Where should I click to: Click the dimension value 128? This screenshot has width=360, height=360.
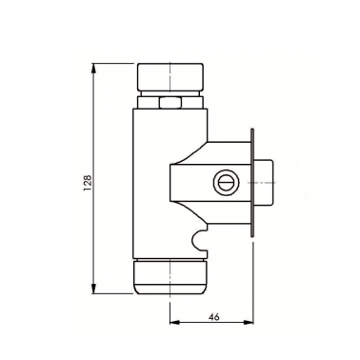[x=88, y=182]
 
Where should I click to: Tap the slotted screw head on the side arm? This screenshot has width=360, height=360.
[x=226, y=183]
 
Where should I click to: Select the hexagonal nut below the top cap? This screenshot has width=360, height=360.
[x=170, y=103]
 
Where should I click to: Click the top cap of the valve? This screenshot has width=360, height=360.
[x=170, y=77]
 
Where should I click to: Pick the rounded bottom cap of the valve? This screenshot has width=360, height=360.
[x=170, y=277]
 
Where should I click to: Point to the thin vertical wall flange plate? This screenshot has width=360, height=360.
[x=252, y=183]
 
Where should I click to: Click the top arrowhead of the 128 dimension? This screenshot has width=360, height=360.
[x=93, y=70]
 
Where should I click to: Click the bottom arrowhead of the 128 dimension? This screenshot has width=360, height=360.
[x=93, y=289]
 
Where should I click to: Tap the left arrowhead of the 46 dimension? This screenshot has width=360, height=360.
[x=176, y=322]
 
